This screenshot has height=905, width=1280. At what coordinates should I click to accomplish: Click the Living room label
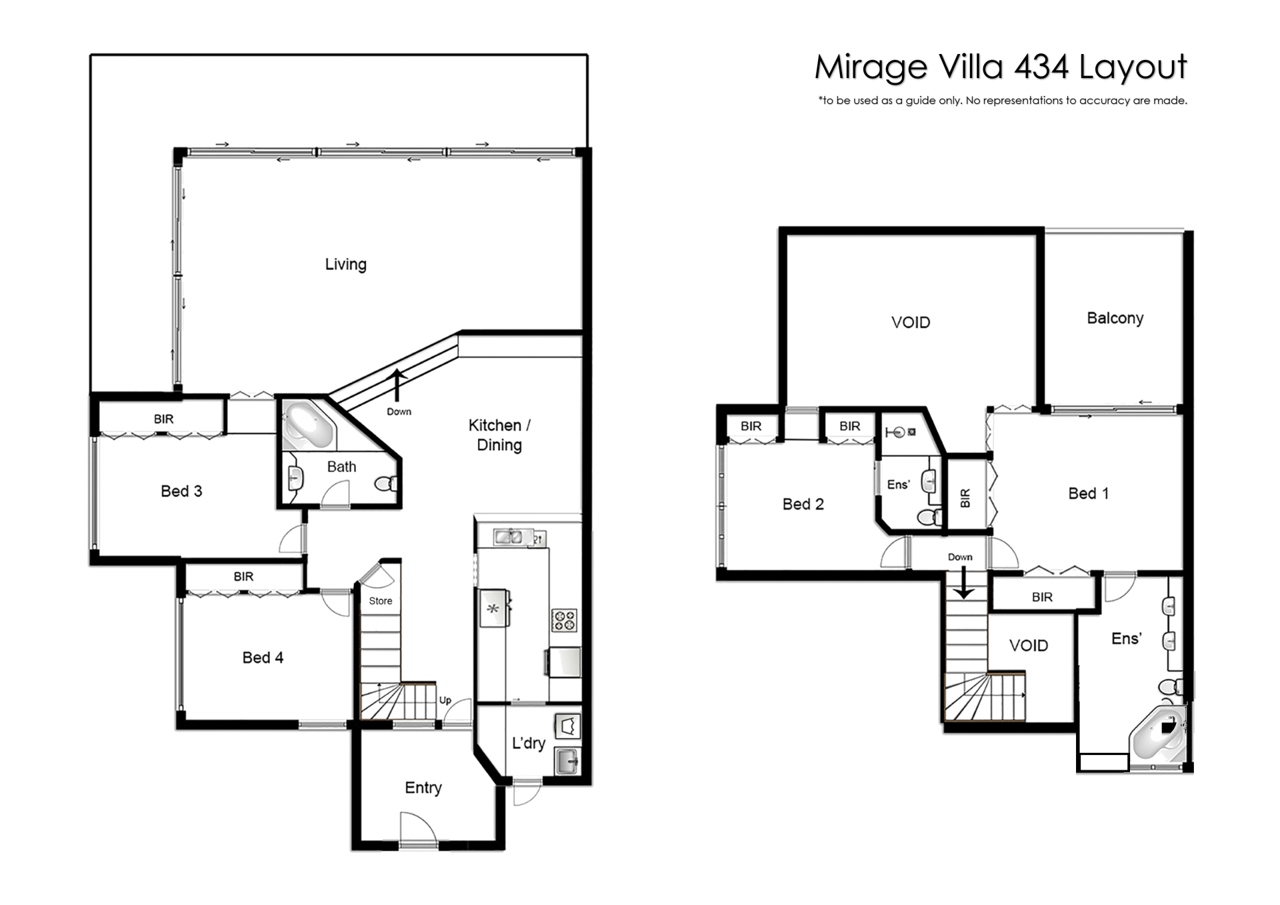tap(345, 264)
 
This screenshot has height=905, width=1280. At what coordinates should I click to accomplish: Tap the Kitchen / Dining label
tap(499, 435)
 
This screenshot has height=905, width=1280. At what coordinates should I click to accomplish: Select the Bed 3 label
tap(181, 492)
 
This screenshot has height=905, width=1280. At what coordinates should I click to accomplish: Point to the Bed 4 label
tap(263, 658)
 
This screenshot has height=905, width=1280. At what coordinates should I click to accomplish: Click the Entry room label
tap(423, 788)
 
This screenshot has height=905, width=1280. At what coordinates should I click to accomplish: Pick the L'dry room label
tap(529, 743)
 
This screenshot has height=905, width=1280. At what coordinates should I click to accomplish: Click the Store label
tap(381, 601)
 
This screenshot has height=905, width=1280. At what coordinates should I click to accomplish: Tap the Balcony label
tap(1115, 319)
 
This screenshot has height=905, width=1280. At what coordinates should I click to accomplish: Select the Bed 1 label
tap(1088, 494)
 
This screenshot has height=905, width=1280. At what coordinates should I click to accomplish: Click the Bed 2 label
tap(803, 504)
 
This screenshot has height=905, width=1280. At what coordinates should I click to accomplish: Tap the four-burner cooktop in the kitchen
tap(564, 620)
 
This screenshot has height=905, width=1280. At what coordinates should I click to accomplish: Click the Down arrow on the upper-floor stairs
tap(963, 584)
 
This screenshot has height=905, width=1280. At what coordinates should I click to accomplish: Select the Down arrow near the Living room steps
tap(398, 385)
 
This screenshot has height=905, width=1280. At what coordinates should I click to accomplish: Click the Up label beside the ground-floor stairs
tap(445, 700)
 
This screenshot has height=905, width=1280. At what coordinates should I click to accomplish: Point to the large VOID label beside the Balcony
tap(911, 323)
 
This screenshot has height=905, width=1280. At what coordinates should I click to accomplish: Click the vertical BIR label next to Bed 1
tap(965, 498)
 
